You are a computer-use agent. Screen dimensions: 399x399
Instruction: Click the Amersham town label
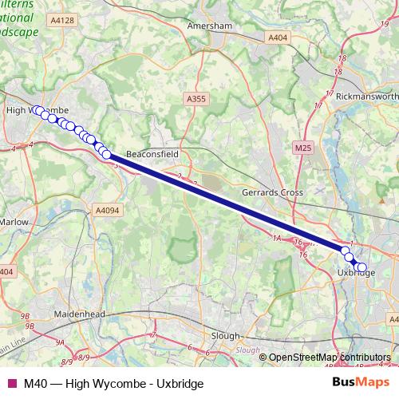pyautogui.click(x=208, y=26)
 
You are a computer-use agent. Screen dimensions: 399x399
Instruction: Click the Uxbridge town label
pyautogui.click(x=357, y=273)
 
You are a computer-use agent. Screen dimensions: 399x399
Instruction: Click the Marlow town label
pyautogui.click(x=14, y=222)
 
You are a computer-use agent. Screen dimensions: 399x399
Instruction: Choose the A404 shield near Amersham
pyautogui.click(x=278, y=38)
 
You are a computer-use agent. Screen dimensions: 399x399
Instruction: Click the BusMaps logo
pyautogui.click(x=359, y=383)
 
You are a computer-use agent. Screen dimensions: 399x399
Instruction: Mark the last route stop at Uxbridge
pyautogui.click(x=362, y=268)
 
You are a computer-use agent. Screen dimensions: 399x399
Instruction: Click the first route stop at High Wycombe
pyautogui.click(x=37, y=110)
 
